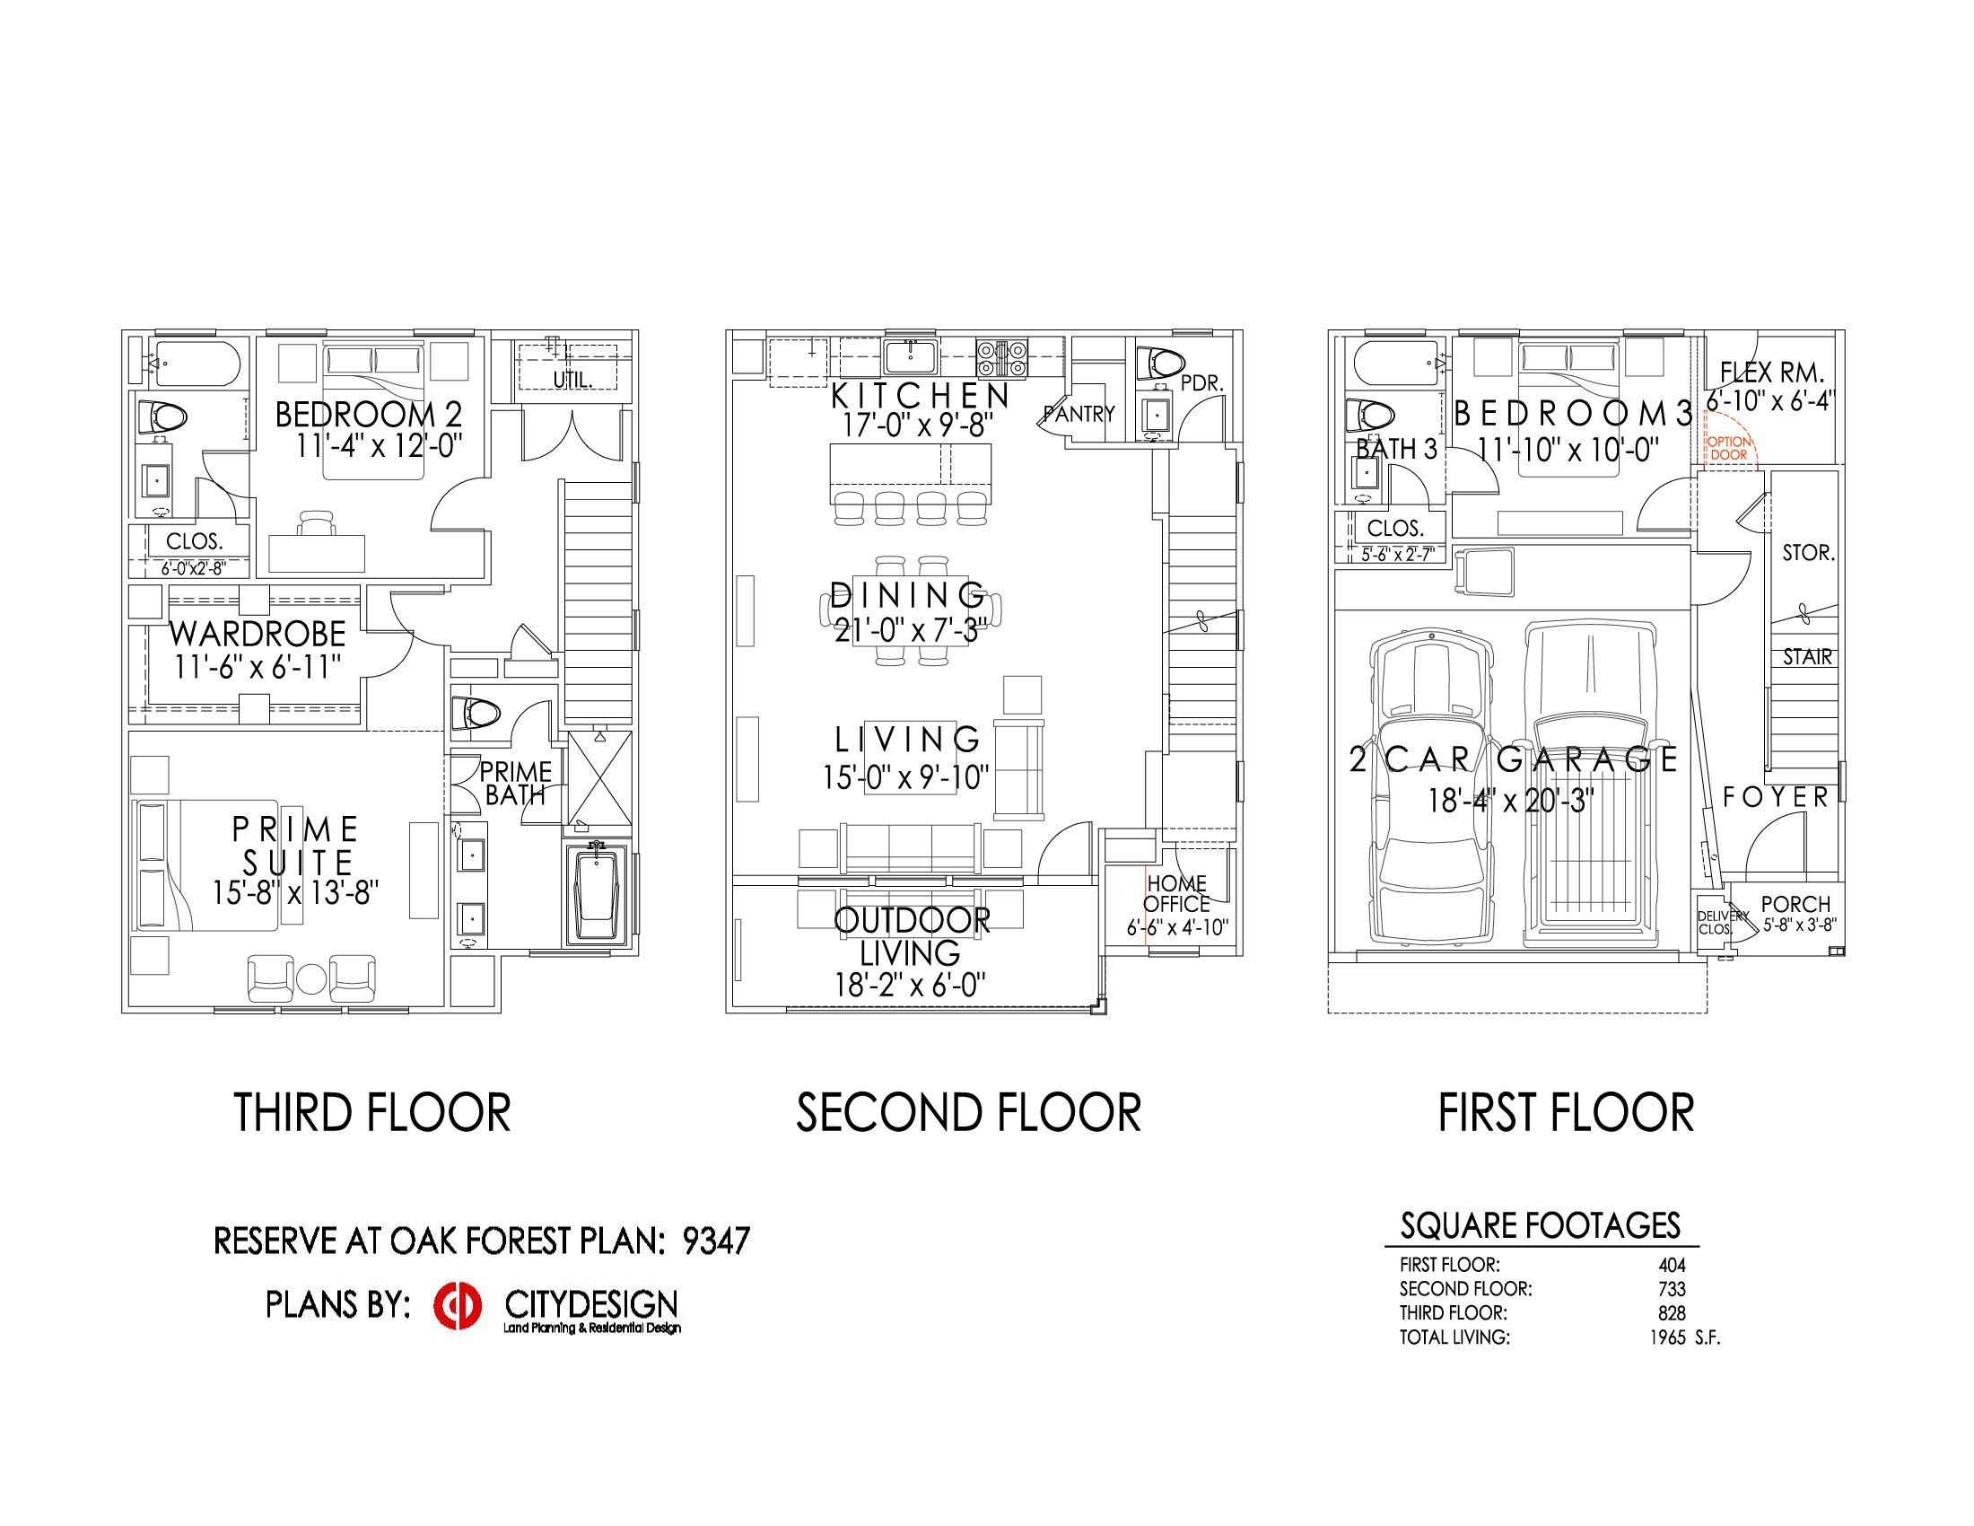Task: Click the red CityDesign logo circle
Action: [x=458, y=1306]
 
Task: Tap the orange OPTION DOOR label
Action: [x=1728, y=449]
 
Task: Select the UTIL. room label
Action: [x=573, y=381]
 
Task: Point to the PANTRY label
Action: [x=1079, y=414]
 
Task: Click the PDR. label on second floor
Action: [x=1202, y=383]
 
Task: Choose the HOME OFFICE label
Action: [x=1177, y=893]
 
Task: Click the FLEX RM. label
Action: [x=1772, y=373]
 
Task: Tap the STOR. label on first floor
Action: [x=1809, y=552]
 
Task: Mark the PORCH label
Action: [x=1796, y=904]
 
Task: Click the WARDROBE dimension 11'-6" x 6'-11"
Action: [x=258, y=667]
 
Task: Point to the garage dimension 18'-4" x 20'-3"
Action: [x=1510, y=801]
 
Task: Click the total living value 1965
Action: [x=1668, y=1337]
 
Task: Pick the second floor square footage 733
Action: [x=1673, y=1289]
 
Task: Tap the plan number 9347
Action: [x=716, y=1241]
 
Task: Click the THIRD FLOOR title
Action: [x=372, y=1113]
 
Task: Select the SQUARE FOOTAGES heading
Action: [x=1540, y=1226]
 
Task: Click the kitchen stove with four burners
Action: [x=1001, y=358]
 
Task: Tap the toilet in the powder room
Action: [x=1159, y=363]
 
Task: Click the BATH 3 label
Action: [x=1396, y=450]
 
